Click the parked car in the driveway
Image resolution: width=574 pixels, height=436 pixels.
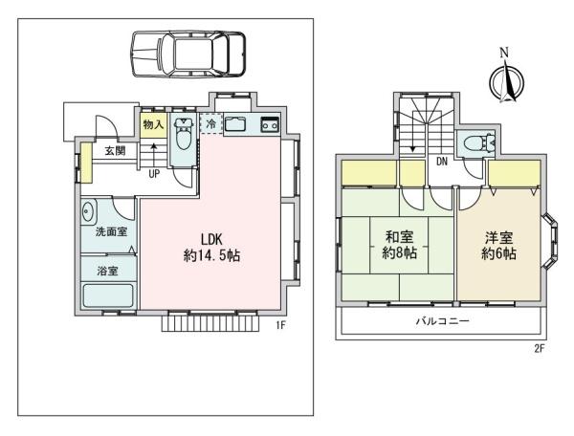[188, 54]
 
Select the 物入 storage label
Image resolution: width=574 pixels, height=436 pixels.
[153, 124]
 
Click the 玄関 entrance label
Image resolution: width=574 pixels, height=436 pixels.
[116, 151]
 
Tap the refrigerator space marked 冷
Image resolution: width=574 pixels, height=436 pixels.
[210, 124]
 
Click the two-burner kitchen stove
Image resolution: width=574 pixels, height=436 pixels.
[271, 125]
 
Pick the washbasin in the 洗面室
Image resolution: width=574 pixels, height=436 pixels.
[87, 211]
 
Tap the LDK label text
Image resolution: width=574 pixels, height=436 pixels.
[211, 240]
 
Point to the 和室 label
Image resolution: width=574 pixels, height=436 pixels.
[400, 238]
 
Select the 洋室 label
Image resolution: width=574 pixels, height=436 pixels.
[499, 238]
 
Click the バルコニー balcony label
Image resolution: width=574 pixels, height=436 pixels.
[442, 321]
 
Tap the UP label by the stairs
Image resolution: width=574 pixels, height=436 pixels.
[154, 174]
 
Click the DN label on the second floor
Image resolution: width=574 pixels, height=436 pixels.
[442, 162]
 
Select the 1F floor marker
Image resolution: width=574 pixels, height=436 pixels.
[280, 325]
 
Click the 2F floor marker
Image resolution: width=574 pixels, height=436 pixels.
[540, 348]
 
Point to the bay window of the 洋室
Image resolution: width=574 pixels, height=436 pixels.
[550, 240]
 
